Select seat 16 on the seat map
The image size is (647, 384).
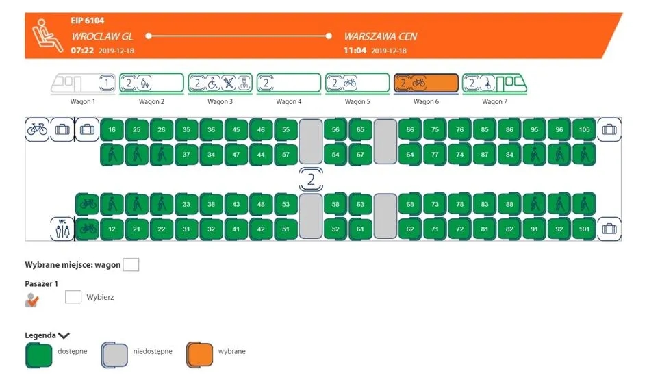coord(112,130)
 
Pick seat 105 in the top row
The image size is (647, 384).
coord(584,130)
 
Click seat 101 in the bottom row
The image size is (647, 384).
coord(584,229)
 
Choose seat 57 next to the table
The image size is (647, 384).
coord(286,155)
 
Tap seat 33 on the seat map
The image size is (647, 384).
coord(186,204)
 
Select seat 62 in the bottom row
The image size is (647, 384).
coord(410,229)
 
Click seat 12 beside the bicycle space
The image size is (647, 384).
coord(112,229)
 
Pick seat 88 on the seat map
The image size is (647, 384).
coord(509,204)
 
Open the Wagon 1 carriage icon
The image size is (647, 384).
coord(83,84)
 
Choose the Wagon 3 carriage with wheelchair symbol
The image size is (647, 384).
coord(220,84)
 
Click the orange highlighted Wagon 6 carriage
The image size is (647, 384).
coord(425,84)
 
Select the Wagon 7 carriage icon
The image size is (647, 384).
coord(494,84)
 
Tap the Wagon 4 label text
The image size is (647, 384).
coord(288,102)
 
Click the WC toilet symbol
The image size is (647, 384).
coord(62,229)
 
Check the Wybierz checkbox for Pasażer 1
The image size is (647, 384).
coord(73,297)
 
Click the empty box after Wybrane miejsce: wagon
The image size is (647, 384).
coord(130,264)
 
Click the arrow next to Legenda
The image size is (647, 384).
coord(64,335)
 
